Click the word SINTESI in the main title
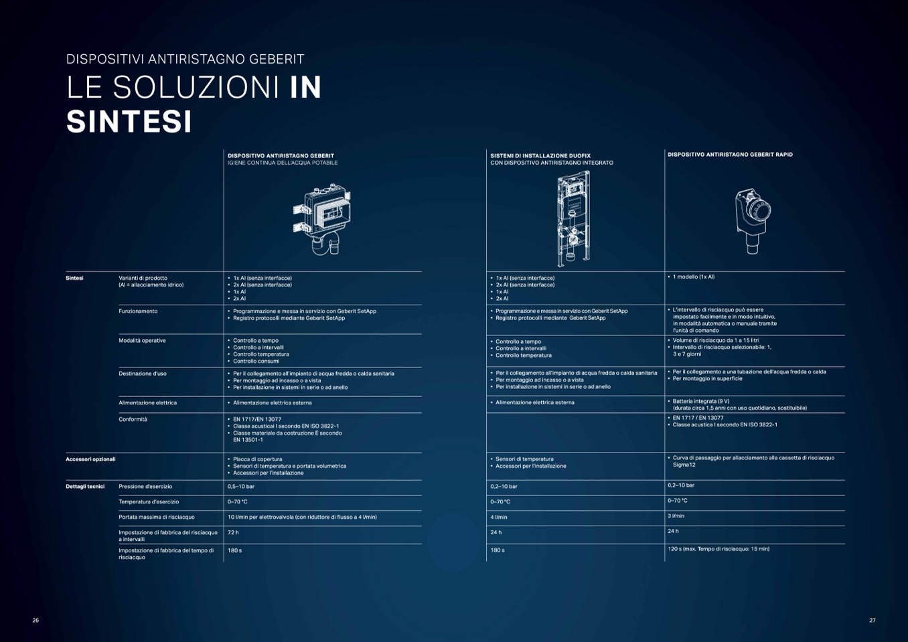tap(129, 122)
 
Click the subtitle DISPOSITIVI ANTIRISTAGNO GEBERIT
tap(185, 59)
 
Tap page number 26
tap(35, 620)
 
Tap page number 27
tap(873, 620)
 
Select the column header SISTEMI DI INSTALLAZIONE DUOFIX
tap(540, 155)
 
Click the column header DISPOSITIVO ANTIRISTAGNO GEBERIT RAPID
tap(730, 155)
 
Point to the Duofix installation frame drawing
tap(573, 218)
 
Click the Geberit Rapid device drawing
tap(753, 221)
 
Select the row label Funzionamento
tap(138, 311)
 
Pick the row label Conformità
tap(133, 419)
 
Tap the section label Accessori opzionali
tap(90, 459)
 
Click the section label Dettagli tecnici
tap(85, 487)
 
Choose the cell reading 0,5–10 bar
tap(241, 487)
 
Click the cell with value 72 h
tap(233, 532)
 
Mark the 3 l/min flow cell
tap(676, 516)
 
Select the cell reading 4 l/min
tap(499, 517)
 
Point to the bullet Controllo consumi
tap(256, 361)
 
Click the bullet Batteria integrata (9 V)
tap(701, 401)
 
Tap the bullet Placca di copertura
tap(257, 459)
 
